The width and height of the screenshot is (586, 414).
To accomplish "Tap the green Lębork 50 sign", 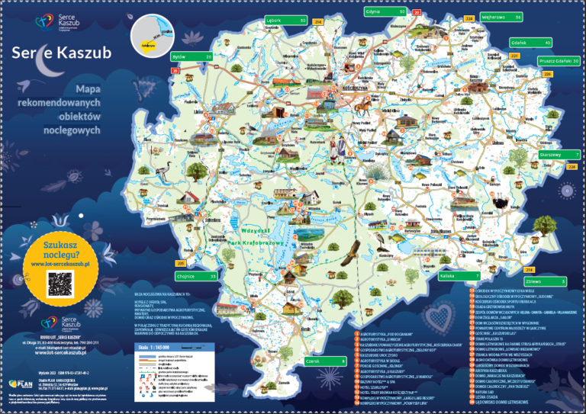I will [285, 20].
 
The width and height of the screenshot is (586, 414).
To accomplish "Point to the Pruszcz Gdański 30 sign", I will [558, 60].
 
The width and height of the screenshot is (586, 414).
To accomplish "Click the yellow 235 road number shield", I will [181, 262].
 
